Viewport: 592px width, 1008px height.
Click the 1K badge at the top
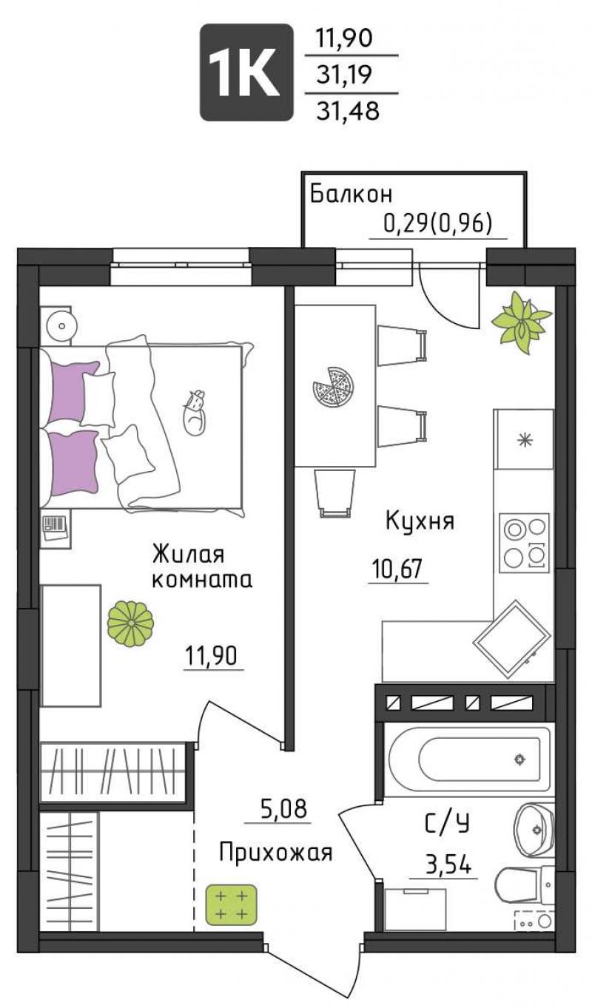click(246, 72)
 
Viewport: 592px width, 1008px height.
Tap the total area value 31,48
click(348, 111)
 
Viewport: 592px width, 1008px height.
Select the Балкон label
click(351, 195)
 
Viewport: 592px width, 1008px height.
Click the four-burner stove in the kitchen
click(525, 543)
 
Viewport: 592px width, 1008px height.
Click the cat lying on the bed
click(195, 413)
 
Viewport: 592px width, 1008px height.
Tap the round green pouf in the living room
click(130, 623)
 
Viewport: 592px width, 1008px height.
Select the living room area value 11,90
click(211, 656)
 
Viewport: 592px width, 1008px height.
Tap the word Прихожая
click(276, 853)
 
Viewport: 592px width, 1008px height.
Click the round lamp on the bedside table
click(62, 325)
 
